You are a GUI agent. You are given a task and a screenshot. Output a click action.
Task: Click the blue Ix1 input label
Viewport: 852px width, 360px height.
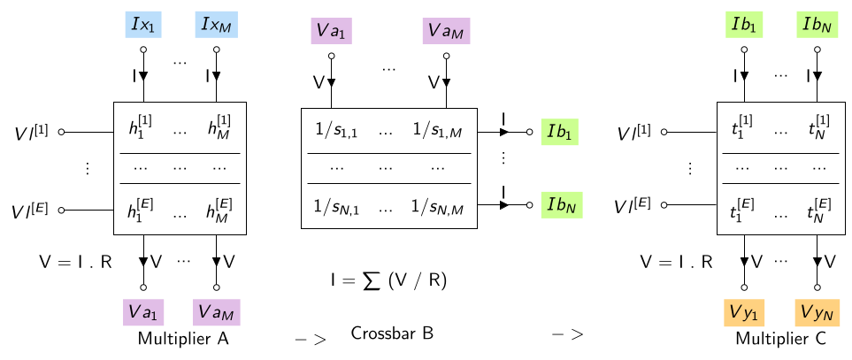[x=143, y=26]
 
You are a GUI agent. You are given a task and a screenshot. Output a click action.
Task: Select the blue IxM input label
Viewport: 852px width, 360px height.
[x=216, y=26]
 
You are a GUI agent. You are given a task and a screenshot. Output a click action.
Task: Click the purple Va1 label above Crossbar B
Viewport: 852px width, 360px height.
[x=332, y=30]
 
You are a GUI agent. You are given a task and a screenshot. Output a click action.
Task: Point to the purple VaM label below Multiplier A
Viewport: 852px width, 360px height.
[x=216, y=311]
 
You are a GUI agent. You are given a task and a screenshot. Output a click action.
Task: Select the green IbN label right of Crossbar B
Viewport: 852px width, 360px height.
[x=561, y=205]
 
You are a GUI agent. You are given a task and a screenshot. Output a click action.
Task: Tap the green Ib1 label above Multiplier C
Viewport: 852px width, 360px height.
[x=744, y=26]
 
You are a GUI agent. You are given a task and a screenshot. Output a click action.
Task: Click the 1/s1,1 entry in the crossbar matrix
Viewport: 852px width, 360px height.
[x=336, y=130]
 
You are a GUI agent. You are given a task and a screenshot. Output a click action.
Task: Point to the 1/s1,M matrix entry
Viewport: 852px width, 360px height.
[x=437, y=130]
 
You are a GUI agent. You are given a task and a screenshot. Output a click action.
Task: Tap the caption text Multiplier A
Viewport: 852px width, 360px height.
[x=183, y=339]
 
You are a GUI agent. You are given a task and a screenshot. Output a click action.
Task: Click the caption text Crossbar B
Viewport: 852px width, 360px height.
[x=392, y=333]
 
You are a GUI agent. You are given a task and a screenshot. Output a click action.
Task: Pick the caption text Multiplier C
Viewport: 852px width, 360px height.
[x=781, y=339]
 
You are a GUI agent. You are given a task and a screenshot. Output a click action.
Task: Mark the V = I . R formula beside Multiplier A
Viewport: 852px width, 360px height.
[x=75, y=262]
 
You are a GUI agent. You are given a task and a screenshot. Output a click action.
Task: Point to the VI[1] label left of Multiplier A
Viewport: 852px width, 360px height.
[x=30, y=131]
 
